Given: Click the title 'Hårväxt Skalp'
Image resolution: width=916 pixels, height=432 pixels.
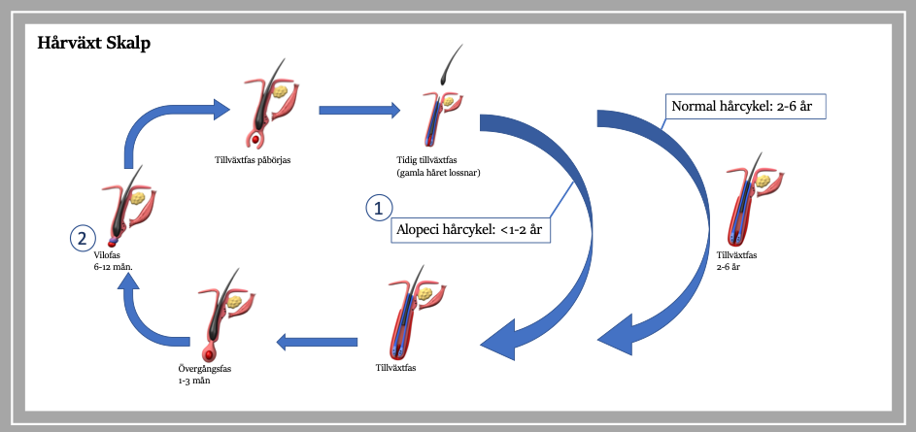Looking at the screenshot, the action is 94,43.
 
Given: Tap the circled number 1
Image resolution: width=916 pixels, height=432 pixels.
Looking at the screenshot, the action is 379,208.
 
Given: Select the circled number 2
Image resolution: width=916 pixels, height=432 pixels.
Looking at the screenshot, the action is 83,238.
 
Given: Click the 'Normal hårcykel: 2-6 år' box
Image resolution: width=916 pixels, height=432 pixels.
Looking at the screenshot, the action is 745,107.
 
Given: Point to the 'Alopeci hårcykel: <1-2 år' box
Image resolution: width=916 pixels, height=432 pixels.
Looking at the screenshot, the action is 471,229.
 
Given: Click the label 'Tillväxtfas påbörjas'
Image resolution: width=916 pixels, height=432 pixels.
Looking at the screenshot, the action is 253,160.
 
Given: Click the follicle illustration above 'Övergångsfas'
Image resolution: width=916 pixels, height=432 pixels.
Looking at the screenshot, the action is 226,316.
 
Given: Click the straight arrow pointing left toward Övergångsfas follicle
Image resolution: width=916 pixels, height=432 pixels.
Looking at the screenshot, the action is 317,342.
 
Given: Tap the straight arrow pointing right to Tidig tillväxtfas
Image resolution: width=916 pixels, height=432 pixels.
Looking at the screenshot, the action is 359,109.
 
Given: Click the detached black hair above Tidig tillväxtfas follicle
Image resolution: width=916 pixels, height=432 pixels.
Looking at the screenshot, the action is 451,64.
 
